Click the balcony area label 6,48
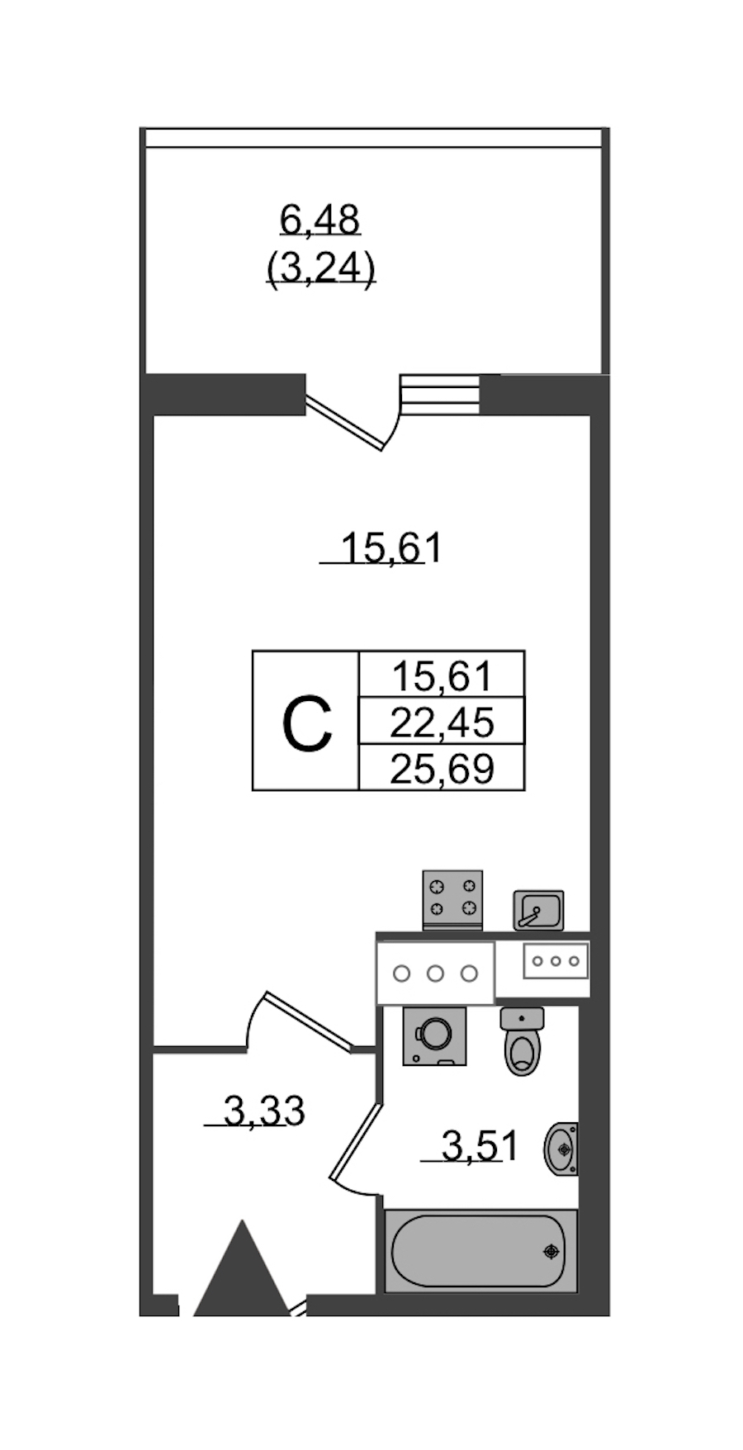319,220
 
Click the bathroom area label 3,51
480,1146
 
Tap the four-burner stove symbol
452,900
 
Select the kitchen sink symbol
538,910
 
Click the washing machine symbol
434,1035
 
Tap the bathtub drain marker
551,1252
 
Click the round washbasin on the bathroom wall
561,1148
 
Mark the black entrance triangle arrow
241,1268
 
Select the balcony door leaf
344,424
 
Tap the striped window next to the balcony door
439,394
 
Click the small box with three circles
555,961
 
